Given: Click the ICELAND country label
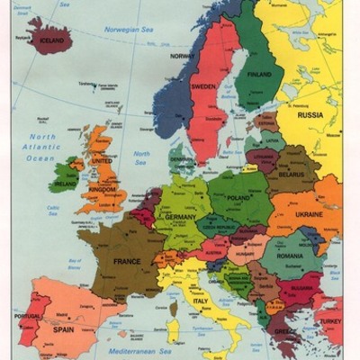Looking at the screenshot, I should (50, 40).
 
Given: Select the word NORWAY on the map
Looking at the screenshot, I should (183, 57).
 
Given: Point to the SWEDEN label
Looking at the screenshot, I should (203, 87).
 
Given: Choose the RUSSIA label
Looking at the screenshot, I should (310, 115).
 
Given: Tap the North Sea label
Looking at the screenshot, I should (141, 158).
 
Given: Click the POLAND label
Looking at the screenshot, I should (239, 196).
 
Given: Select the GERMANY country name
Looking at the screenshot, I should (180, 218).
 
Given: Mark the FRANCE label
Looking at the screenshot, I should (126, 262).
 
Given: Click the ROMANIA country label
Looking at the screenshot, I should (288, 256).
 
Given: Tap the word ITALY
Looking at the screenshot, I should (200, 301).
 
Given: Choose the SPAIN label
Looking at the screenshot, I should (64, 329).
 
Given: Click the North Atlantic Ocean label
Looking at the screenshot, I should (40, 148).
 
